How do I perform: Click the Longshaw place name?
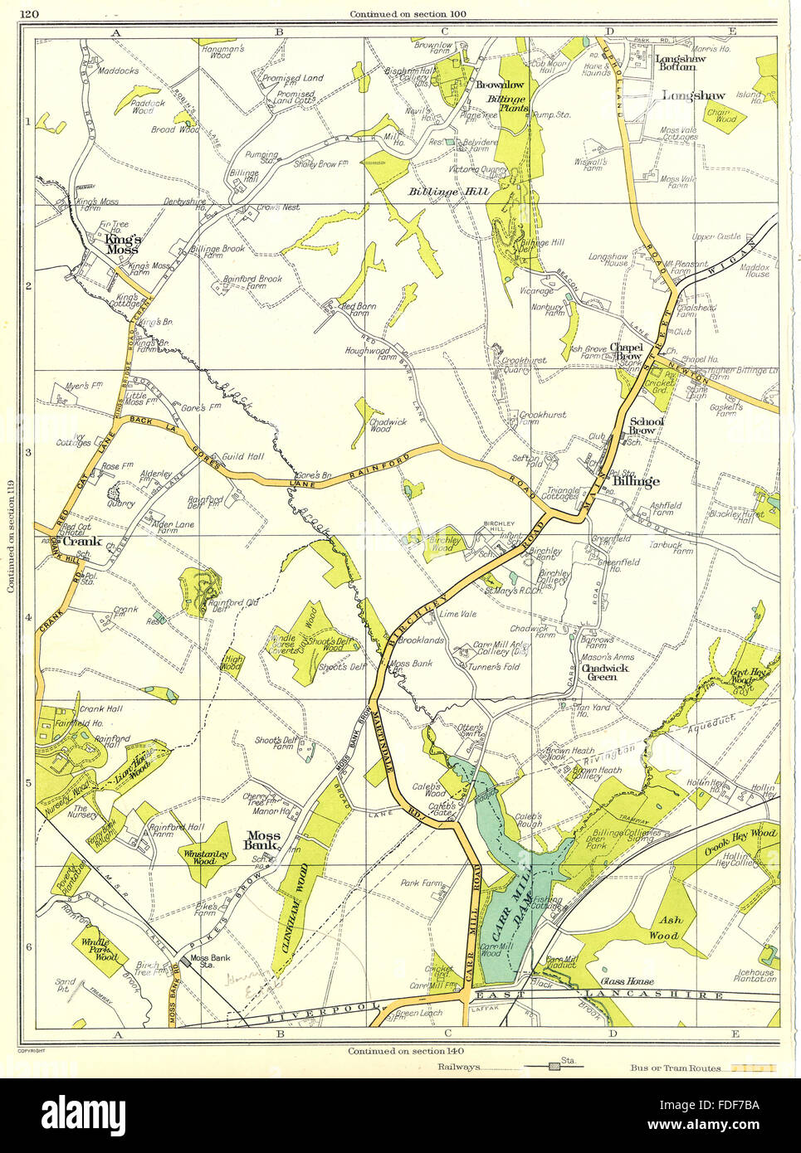[x=693, y=96]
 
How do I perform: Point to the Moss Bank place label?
[x=261, y=841]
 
